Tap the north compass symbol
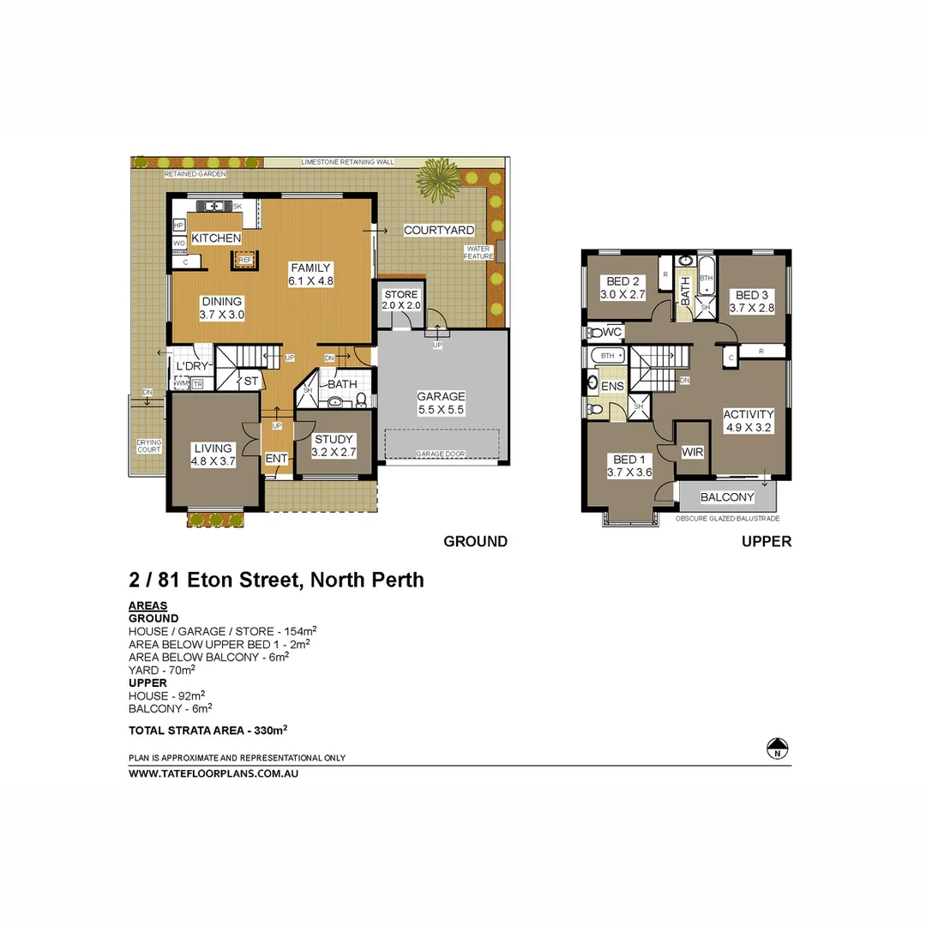[778, 749]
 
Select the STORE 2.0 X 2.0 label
[401, 300]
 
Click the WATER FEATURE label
[478, 253]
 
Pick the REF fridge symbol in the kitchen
[244, 259]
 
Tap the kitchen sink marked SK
[211, 206]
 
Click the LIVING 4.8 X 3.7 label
[213, 454]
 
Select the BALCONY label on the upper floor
[727, 497]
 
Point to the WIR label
[693, 451]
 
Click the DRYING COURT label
[149, 446]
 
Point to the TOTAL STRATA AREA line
[207, 731]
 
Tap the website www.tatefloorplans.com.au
[213, 773]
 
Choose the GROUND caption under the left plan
[475, 542]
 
